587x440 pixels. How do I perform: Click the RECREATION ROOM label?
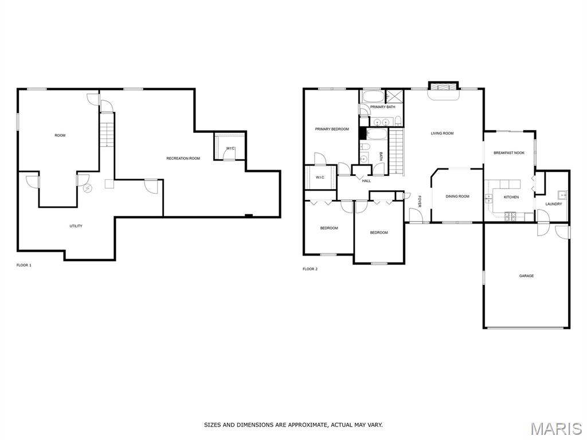183,159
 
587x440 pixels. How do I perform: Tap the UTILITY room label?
76,226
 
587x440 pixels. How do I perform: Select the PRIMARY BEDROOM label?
332,129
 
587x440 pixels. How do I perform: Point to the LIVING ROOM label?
442,133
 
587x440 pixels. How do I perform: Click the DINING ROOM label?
457,197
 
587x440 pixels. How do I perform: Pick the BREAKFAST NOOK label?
509,153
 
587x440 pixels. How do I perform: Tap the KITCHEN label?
511,197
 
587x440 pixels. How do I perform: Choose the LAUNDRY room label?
554,205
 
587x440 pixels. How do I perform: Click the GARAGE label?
526,276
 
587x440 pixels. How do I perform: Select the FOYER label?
420,201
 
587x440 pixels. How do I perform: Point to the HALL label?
366,181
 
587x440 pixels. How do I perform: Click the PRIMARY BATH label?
382,107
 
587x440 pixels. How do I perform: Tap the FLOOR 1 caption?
24,265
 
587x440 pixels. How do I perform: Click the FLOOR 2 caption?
310,269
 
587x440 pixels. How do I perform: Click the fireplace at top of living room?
443,87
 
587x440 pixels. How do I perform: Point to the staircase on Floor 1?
107,129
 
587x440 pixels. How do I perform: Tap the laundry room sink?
562,195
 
